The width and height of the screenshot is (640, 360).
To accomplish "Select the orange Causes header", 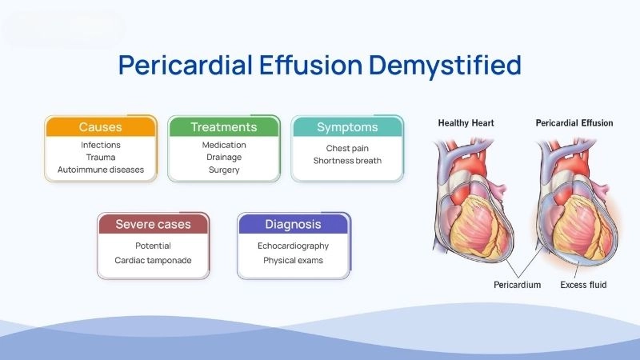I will pyautogui.click(x=100, y=127).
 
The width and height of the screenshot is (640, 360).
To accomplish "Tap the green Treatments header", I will pyautogui.click(x=223, y=127).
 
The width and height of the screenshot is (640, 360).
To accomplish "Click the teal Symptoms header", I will pyautogui.click(x=347, y=127).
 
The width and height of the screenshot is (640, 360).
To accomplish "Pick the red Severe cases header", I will pyautogui.click(x=153, y=224).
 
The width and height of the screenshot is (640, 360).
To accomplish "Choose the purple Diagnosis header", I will pyautogui.click(x=293, y=224).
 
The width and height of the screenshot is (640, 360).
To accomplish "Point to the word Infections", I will pyautogui.click(x=100, y=145).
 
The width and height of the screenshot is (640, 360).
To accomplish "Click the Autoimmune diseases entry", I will pyautogui.click(x=100, y=170).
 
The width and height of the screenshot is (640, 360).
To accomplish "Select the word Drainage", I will pyautogui.click(x=223, y=158).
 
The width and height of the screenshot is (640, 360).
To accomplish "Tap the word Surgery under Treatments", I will pyautogui.click(x=223, y=170).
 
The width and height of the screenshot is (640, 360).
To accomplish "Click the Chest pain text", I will pyautogui.click(x=347, y=148).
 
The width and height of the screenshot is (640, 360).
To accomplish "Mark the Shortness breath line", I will pyautogui.click(x=347, y=161).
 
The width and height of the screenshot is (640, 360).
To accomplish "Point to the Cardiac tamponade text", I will pyautogui.click(x=153, y=261).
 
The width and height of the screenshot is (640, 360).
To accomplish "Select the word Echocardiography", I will pyautogui.click(x=293, y=246).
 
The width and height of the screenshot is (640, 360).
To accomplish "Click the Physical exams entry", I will pyautogui.click(x=293, y=261).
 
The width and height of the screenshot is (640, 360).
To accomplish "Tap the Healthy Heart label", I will pyautogui.click(x=466, y=123).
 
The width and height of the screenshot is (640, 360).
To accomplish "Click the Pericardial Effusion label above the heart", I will pyautogui.click(x=574, y=123).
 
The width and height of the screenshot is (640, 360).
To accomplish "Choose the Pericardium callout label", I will pyautogui.click(x=516, y=285).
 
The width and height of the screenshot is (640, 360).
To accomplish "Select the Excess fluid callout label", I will pyautogui.click(x=594, y=285).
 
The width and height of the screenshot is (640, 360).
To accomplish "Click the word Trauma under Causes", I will pyautogui.click(x=100, y=158).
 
